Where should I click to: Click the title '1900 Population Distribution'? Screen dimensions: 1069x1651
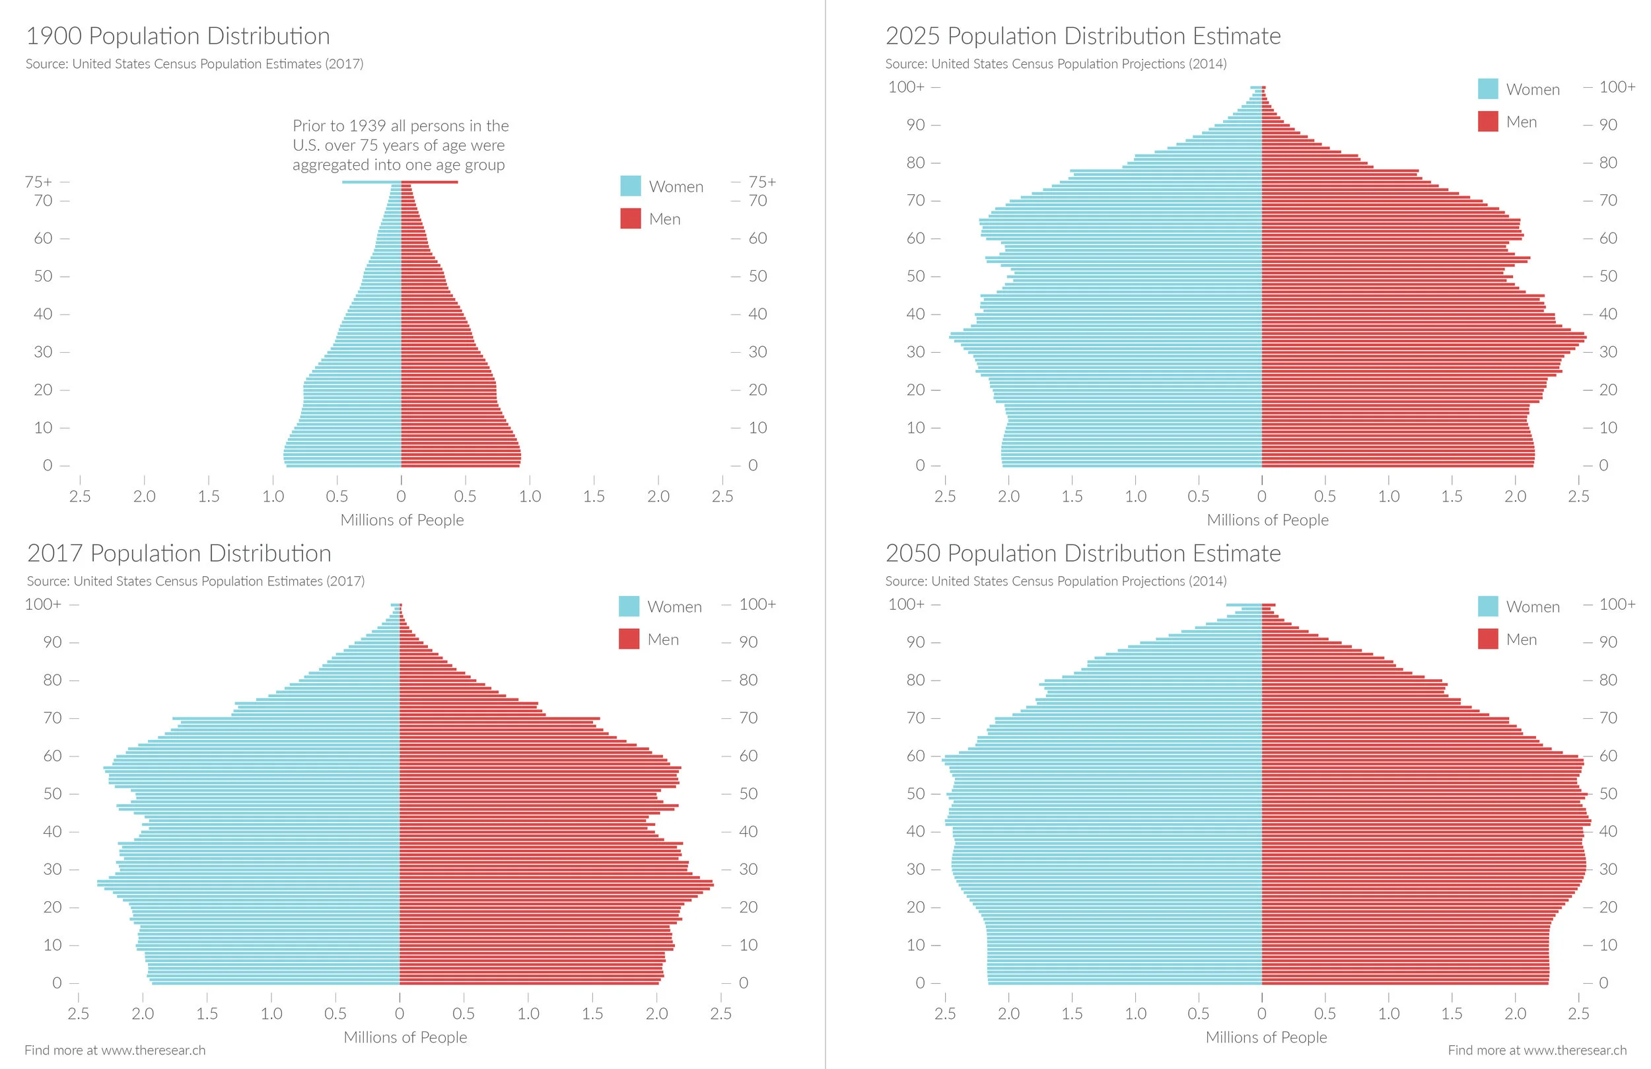178,36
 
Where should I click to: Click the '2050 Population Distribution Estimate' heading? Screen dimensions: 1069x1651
1082,553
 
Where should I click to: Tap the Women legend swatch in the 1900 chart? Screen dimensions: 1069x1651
630,186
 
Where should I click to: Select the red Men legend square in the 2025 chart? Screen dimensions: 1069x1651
1487,122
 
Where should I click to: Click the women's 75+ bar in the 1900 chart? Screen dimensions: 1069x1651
371,182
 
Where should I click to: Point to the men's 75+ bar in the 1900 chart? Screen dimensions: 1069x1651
430,182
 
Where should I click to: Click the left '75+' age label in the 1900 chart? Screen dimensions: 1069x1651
38,182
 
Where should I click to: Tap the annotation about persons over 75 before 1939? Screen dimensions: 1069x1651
400,145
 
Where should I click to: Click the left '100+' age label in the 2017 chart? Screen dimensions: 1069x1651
43,605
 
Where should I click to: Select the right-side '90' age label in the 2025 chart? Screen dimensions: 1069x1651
1608,125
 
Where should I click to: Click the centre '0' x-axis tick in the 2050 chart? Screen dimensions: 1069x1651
1261,1014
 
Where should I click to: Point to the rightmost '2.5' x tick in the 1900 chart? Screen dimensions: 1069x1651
722,496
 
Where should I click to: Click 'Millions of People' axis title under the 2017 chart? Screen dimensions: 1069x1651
405,1037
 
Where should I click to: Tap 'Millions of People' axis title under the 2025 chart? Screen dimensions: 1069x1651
1267,520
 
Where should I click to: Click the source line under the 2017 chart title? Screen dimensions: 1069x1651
195,581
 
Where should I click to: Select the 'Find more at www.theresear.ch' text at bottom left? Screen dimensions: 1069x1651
115,1051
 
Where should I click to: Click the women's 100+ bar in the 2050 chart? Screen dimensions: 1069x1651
1243,605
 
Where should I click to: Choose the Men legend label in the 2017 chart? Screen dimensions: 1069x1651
662,640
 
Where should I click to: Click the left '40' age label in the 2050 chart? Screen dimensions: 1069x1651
915,832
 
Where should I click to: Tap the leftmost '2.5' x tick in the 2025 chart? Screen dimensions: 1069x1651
945,496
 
